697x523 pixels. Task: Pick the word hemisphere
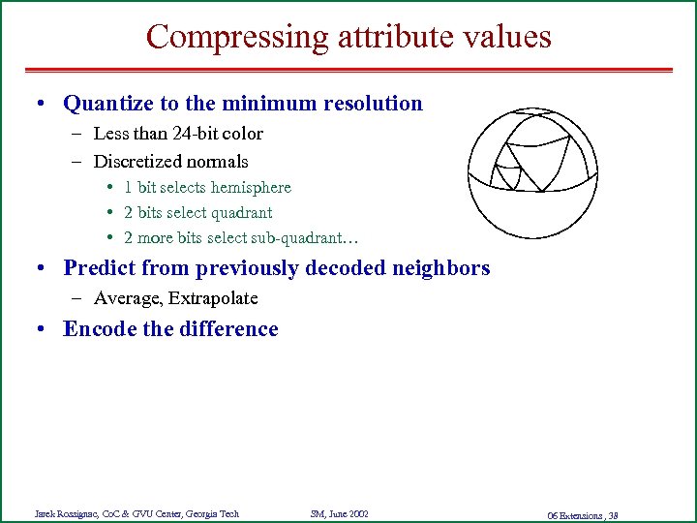click(x=245, y=187)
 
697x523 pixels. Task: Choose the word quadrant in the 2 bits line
click(x=240, y=212)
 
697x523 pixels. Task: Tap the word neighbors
click(x=444, y=268)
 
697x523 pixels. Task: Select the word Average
click(x=122, y=298)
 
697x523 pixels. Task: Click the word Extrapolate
click(x=209, y=298)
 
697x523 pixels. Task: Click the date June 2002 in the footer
click(x=347, y=513)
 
